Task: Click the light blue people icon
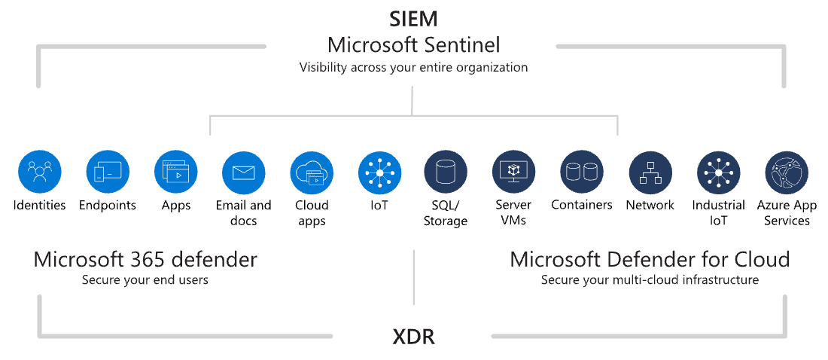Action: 40,172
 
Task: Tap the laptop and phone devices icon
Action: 108,172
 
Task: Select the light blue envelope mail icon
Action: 244,172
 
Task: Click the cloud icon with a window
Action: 312,172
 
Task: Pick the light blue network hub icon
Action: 379,172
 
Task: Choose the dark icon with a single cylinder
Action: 446,172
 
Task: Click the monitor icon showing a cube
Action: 514,172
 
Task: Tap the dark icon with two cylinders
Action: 583,172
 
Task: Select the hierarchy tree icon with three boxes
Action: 650,172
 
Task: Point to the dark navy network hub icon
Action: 718,172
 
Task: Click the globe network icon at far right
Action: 787,172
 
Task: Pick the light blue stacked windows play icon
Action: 175,172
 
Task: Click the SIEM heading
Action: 413,19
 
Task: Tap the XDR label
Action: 413,337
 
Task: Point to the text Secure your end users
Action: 145,281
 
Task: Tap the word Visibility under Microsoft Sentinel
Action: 324,67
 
